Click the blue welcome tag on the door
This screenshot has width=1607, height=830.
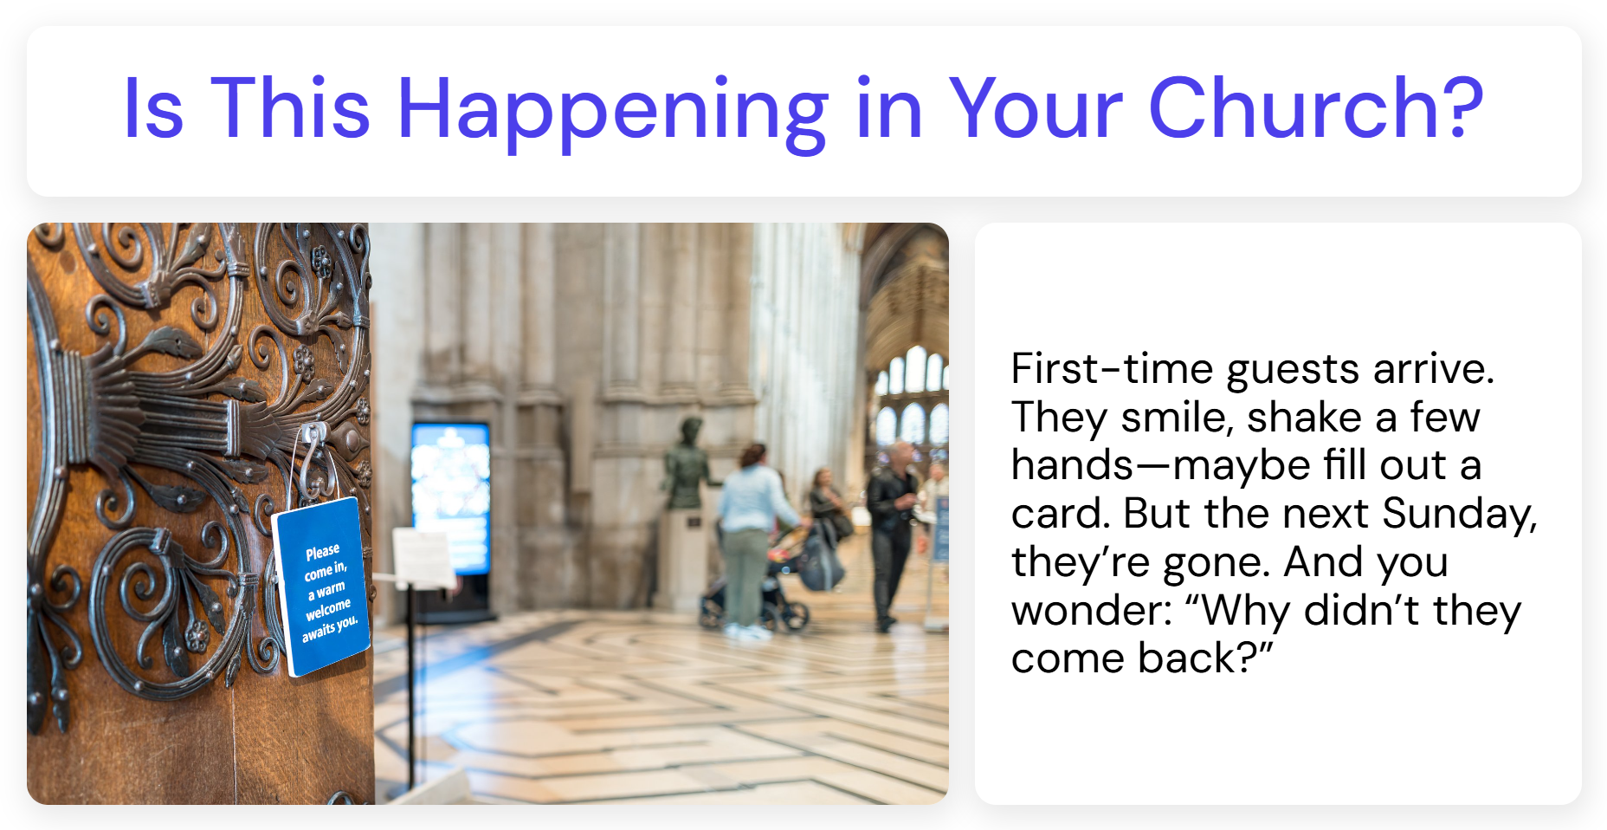[321, 587]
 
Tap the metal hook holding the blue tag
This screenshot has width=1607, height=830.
[313, 459]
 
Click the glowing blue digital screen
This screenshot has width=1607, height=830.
[451, 498]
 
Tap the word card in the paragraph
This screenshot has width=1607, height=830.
[1061, 514]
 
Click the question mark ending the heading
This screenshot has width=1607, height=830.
[1464, 107]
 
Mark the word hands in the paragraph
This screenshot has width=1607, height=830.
[1072, 464]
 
